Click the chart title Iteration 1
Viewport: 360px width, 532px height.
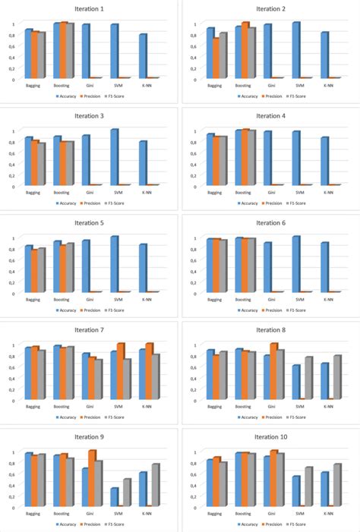[x=90, y=8]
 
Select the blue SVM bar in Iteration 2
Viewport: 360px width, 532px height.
[x=295, y=50]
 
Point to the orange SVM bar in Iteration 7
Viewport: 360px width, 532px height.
[x=120, y=372]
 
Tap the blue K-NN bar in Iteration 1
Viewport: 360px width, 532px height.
[x=142, y=56]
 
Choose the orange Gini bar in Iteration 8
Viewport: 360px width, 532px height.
[x=273, y=371]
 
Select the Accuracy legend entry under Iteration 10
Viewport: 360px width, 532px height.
[x=245, y=524]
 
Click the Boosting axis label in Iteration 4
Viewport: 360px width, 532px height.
[x=243, y=193]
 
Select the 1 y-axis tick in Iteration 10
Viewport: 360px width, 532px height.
[x=194, y=452]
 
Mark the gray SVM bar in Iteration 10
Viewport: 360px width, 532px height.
[x=308, y=486]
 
